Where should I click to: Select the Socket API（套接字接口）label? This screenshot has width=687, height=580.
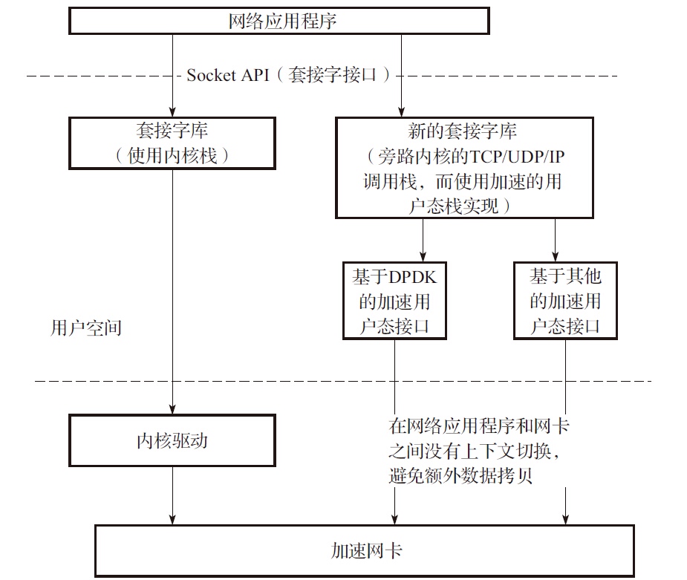287,75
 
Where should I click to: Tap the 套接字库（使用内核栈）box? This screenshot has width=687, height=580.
172,143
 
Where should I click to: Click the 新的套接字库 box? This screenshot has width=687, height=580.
463,168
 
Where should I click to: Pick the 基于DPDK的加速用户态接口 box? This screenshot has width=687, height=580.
394,301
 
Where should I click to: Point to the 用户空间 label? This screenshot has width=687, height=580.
85,328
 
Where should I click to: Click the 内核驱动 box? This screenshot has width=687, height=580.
172,441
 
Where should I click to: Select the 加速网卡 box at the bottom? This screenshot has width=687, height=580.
365,550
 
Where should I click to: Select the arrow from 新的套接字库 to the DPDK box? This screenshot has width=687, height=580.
423,239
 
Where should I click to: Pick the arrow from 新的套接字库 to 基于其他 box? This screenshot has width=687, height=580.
555,239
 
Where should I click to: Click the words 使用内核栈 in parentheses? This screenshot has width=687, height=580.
172,156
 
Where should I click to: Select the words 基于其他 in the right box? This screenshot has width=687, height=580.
565,278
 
